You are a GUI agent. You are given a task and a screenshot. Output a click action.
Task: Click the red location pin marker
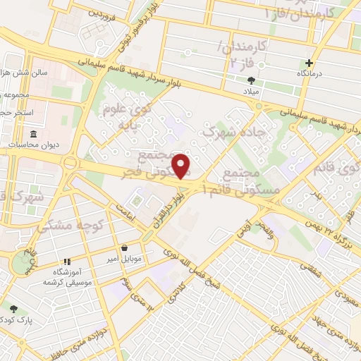(181, 166)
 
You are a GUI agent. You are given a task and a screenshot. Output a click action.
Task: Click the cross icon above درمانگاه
(308, 63)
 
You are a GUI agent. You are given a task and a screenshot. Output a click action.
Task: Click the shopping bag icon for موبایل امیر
(125, 247)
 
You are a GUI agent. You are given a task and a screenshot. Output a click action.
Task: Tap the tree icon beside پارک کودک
(14, 308)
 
